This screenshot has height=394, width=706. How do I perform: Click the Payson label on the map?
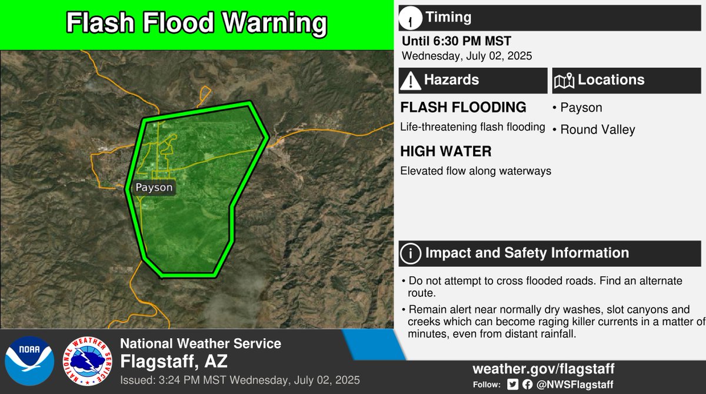[x=154, y=188]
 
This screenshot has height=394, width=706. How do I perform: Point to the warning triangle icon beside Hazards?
[x=410, y=81]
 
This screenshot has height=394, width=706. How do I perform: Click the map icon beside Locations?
[x=564, y=81]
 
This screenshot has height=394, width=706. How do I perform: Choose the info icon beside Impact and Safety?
[x=410, y=253]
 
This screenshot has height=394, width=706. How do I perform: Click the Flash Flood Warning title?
[x=196, y=24]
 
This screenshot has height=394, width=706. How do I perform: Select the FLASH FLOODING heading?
[x=463, y=108]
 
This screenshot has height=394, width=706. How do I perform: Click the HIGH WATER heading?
[x=445, y=152]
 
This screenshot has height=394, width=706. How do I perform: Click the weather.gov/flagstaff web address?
[x=543, y=369]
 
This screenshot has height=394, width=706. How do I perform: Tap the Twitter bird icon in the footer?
[x=512, y=385]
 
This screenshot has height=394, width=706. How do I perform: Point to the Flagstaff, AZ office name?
[x=175, y=360]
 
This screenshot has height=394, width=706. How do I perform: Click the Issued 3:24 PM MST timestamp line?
[x=239, y=379]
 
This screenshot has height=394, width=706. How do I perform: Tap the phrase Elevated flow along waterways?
[x=475, y=172]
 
